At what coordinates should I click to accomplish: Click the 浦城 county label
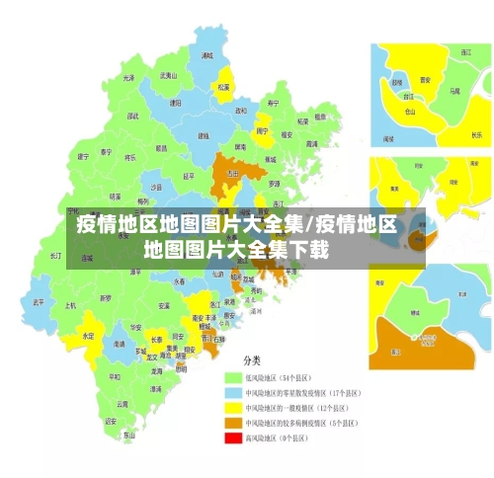click(206, 56)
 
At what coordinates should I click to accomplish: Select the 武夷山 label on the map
click(169, 75)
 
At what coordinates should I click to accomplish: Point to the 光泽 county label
click(128, 77)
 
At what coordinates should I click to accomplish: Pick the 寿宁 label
click(273, 102)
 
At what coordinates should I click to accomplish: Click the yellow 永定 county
click(88, 335)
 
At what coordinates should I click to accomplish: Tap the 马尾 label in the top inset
click(454, 90)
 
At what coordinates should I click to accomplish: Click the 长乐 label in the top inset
click(476, 133)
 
